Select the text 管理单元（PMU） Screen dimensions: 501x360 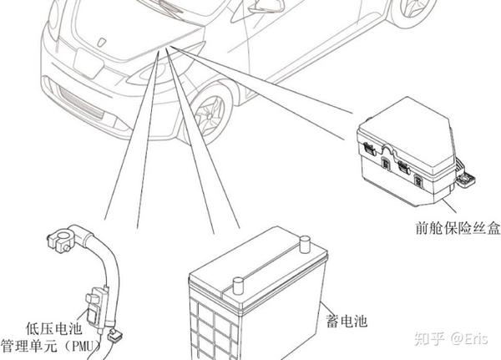coord(52,344)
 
